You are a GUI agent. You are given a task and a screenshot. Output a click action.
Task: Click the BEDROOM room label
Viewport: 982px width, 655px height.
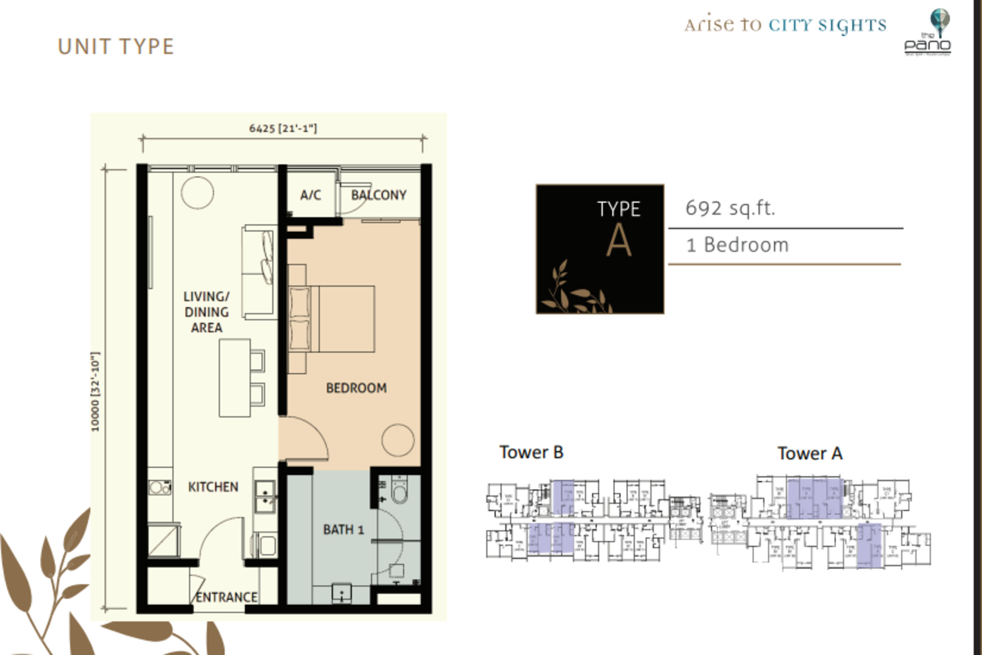pos(356,388)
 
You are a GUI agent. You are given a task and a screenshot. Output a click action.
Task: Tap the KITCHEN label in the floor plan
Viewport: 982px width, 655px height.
pos(213,487)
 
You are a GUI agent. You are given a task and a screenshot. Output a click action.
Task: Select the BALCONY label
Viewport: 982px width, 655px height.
pos(378,195)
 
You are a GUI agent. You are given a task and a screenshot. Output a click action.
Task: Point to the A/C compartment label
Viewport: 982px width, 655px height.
pos(311,195)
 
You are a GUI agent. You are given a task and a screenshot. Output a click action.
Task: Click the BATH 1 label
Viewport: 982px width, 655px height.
pos(343,530)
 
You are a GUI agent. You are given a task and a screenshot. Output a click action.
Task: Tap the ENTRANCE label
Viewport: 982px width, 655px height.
pos(226,597)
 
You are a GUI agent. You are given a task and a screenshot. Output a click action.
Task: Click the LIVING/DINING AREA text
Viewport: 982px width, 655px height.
pos(207,312)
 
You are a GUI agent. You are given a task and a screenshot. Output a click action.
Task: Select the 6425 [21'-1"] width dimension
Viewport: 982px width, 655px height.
pos(283,128)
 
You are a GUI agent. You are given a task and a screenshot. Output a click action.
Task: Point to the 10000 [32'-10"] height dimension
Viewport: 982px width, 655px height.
pos(95,391)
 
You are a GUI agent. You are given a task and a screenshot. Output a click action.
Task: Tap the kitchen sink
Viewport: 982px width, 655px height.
pos(265,497)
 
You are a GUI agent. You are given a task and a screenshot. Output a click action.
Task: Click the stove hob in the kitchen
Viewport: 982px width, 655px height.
pos(159,488)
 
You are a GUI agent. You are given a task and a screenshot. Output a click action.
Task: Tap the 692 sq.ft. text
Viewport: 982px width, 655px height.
pos(730,208)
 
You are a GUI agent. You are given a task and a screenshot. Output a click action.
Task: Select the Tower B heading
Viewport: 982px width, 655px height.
pos(531,452)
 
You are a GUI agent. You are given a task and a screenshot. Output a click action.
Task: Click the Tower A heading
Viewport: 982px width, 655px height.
pos(809,454)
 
